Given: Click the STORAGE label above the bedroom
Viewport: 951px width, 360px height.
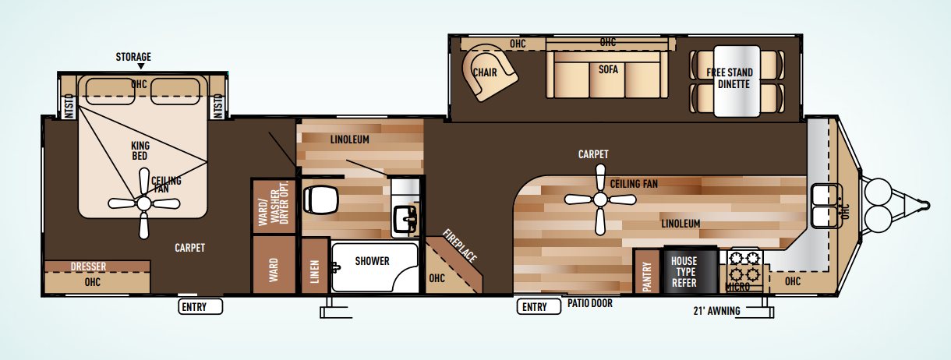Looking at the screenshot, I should tap(133, 57).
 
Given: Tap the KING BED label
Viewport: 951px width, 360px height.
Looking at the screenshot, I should tap(141, 151).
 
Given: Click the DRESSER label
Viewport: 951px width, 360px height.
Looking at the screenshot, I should tap(88, 266).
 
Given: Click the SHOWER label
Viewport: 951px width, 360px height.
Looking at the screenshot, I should tap(372, 261).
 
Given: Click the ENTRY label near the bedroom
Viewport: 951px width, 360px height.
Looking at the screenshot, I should tap(194, 307).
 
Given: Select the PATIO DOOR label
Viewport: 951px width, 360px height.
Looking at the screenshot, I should tap(589, 303).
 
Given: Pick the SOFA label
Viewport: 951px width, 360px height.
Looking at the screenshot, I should tap(608, 69).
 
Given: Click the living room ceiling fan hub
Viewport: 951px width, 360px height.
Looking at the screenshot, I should tap(599, 199).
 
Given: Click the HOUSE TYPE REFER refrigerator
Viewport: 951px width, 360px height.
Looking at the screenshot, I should tap(688, 270).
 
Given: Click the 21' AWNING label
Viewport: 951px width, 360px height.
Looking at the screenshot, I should tap(716, 312).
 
